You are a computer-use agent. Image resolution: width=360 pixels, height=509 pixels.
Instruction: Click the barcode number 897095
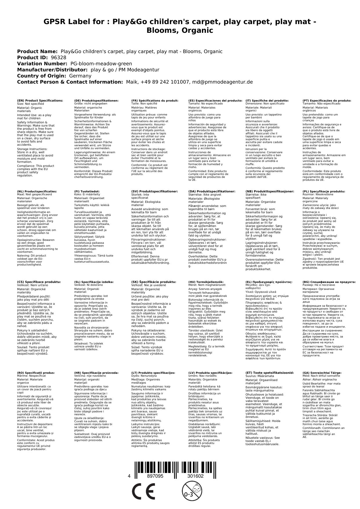tap(155, 476)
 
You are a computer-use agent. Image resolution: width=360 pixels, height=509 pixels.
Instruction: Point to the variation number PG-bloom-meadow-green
tap(101, 64)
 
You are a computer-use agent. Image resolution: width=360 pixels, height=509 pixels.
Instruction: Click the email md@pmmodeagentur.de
tap(221, 82)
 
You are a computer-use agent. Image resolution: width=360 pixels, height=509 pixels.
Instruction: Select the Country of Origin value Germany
tap(80, 76)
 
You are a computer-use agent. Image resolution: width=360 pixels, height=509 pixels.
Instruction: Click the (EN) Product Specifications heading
tap(40, 100)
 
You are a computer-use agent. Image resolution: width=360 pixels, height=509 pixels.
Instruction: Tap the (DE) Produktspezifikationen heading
tap(96, 100)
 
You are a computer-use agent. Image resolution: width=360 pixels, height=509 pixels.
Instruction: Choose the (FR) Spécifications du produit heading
tap(155, 100)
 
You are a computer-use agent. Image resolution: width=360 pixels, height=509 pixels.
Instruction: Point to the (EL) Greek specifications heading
tap(269, 282)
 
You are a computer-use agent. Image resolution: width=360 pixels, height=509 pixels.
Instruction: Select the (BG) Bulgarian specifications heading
tap(329, 282)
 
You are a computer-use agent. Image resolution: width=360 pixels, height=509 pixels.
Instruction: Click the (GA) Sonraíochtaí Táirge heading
tap(322, 373)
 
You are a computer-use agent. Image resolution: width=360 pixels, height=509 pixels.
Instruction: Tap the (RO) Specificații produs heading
tap(36, 373)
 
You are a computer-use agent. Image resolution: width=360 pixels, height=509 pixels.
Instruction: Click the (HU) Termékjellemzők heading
tap(206, 282)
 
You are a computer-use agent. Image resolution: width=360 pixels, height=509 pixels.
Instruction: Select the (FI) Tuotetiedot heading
tap(87, 192)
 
